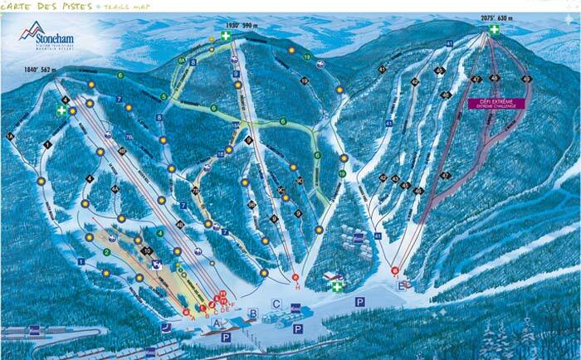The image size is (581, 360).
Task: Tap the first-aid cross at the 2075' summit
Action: click(x=494, y=30)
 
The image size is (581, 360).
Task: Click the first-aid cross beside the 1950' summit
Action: click(x=225, y=37)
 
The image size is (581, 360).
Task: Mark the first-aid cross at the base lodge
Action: click(x=337, y=287)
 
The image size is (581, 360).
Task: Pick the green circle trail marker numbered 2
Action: click(x=106, y=252)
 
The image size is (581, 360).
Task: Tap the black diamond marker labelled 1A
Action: click(x=11, y=135)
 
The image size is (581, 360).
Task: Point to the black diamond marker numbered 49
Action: click(x=447, y=176)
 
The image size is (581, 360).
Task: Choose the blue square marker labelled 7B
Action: click(x=129, y=135)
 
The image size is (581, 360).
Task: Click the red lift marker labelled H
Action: click(x=295, y=277)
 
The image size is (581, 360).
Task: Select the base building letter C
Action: click(x=276, y=304)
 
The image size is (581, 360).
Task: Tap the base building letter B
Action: click(x=252, y=312)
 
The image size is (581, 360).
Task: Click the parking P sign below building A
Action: click(x=226, y=338)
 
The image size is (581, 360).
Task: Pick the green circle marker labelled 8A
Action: click(x=181, y=61)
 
